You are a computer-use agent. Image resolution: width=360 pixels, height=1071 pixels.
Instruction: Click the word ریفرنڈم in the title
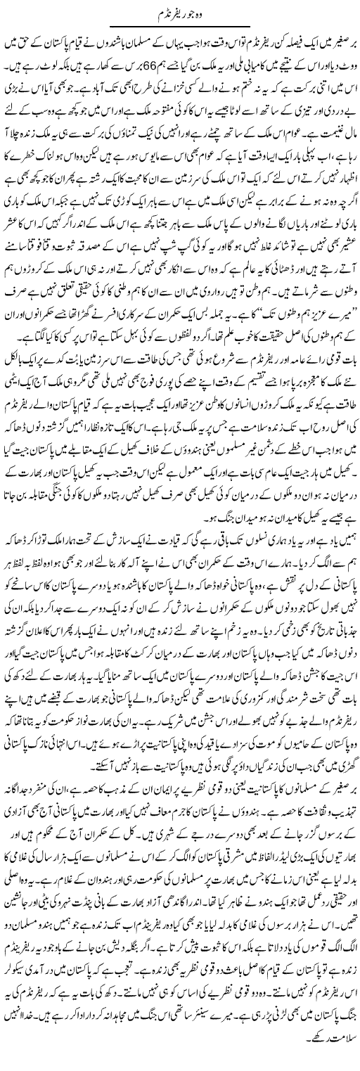(x=172, y=14)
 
